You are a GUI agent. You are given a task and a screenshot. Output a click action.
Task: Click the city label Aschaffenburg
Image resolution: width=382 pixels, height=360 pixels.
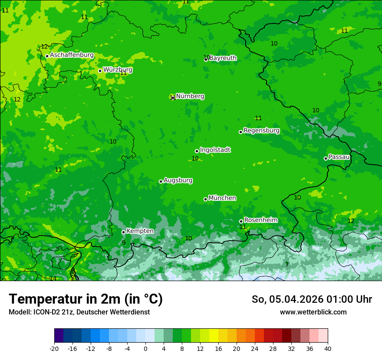(72, 55)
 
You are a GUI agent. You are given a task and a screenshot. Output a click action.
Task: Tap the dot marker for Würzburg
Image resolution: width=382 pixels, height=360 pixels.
(100, 71)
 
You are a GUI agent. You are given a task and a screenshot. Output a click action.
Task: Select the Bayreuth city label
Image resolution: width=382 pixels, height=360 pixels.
(223, 58)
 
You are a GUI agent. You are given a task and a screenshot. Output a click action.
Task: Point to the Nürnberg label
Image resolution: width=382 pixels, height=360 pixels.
(190, 96)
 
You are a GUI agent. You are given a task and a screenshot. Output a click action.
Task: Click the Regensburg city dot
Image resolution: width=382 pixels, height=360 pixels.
(240, 132)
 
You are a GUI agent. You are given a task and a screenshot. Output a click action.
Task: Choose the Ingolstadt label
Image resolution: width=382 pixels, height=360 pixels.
(215, 150)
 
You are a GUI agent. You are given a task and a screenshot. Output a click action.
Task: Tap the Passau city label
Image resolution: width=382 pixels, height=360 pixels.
(339, 157)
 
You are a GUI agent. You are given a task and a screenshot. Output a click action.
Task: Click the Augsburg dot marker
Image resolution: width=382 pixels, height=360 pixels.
(161, 181)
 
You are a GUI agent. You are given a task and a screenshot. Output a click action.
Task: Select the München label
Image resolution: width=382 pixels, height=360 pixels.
(222, 198)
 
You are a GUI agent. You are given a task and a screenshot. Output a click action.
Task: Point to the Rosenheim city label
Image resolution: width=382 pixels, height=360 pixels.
(260, 220)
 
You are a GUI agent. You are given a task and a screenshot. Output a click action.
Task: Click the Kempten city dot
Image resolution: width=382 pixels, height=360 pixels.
(123, 232)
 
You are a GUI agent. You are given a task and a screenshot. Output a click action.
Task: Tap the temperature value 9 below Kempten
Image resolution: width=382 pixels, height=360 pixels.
(124, 242)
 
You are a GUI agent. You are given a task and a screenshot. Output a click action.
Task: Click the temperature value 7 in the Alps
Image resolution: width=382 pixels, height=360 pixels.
(287, 265)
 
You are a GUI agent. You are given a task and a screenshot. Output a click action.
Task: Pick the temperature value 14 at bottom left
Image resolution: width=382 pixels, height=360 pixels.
(53, 278)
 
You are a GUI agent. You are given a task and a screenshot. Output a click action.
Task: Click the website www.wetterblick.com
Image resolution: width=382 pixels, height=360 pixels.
(313, 312)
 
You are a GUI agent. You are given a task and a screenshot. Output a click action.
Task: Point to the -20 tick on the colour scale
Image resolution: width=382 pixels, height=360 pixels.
(54, 348)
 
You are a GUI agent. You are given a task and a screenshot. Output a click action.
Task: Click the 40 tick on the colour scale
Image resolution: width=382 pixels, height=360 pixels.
(328, 348)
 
